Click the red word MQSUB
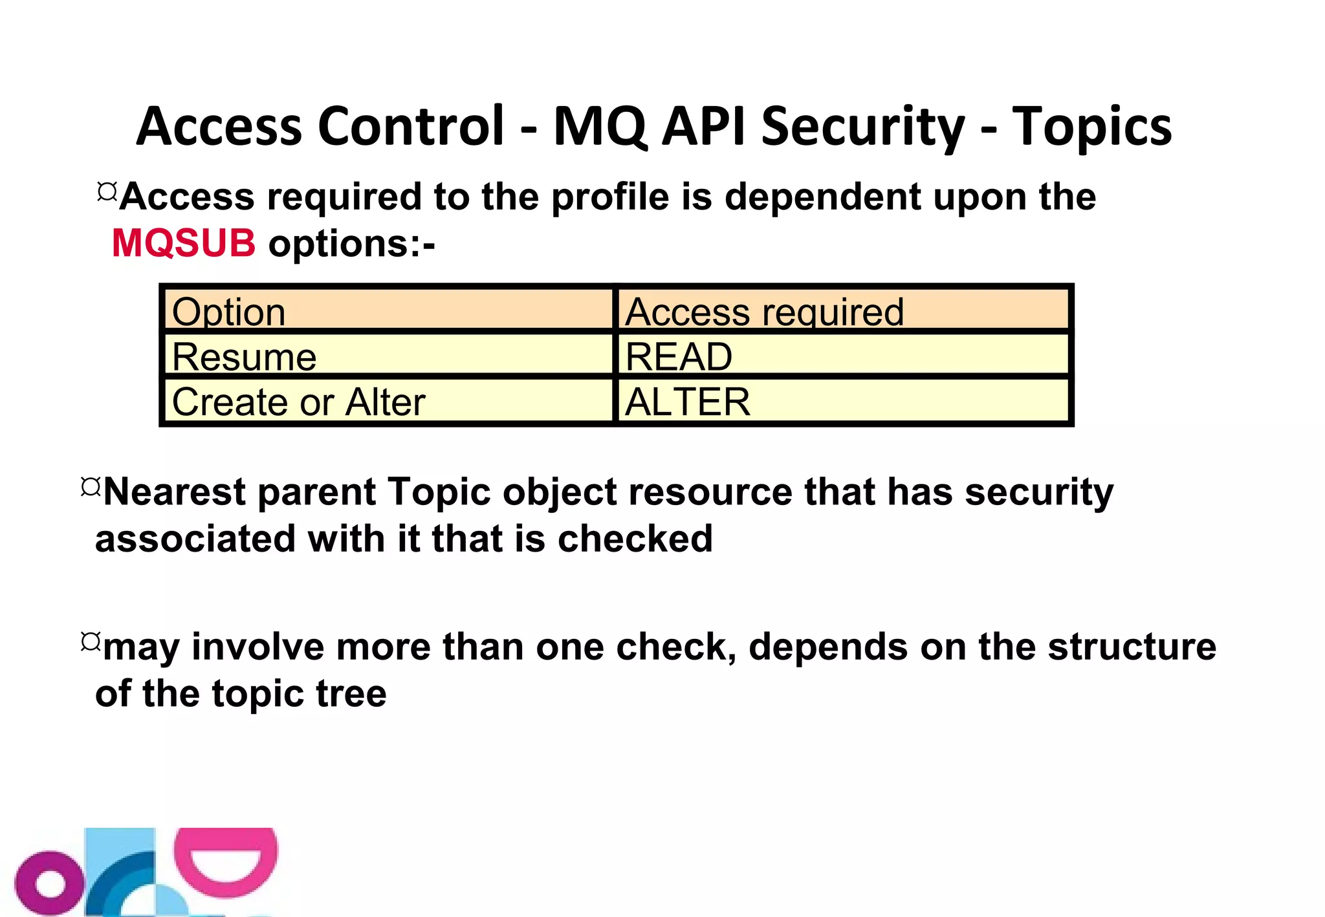click(184, 244)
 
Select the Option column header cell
click(388, 310)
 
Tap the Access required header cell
click(843, 310)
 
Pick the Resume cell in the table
click(388, 356)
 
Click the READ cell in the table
click(843, 356)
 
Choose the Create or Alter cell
click(388, 401)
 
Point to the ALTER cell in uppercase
click(843, 401)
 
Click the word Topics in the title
click(1091, 126)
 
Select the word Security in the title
click(862, 126)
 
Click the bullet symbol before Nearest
click(91, 487)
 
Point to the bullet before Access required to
click(107, 191)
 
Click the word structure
click(1132, 647)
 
